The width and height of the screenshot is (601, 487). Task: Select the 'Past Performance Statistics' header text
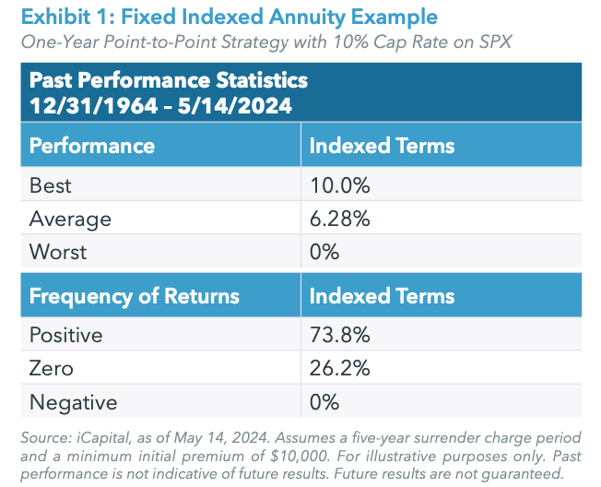click(x=169, y=80)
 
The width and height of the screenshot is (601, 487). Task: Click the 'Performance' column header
click(x=92, y=146)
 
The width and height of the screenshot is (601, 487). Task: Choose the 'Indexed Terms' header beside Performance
click(x=382, y=146)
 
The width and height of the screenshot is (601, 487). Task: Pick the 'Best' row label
click(x=51, y=185)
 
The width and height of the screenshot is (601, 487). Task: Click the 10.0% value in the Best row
click(x=339, y=185)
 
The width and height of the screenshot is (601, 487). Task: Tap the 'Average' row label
click(x=70, y=219)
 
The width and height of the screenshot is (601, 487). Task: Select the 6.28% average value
click(x=339, y=219)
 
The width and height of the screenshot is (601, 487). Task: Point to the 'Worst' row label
click(x=58, y=252)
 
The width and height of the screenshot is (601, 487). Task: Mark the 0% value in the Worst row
click(x=324, y=252)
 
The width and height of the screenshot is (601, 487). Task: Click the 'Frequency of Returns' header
click(x=135, y=296)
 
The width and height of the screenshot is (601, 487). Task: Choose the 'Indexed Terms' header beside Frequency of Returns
click(x=382, y=296)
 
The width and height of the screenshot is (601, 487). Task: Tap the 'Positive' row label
click(x=67, y=335)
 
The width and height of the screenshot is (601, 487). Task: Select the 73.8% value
click(x=339, y=335)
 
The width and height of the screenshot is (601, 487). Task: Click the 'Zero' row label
click(x=52, y=368)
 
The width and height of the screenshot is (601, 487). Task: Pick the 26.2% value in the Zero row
click(x=339, y=368)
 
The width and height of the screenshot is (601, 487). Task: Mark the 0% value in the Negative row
click(x=324, y=401)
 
